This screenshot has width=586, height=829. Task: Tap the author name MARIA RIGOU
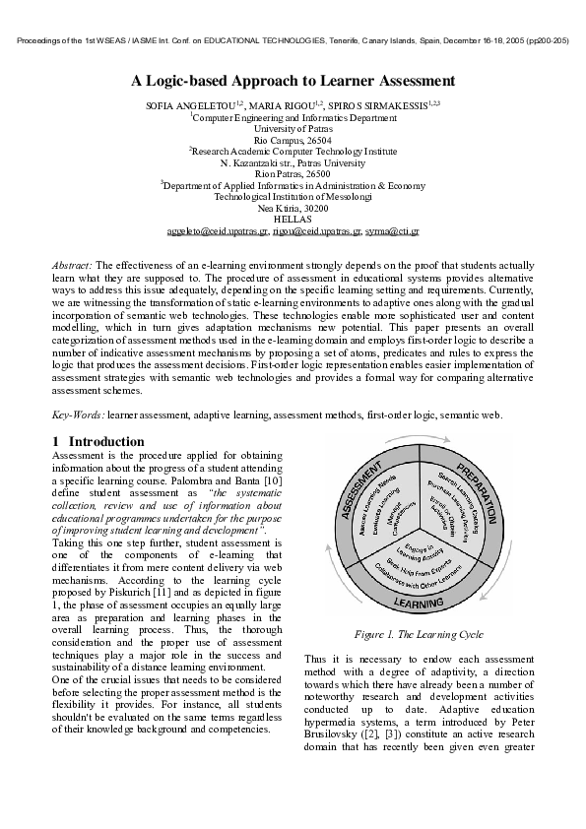pos(287,104)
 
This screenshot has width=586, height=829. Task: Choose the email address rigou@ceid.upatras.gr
pos(309,232)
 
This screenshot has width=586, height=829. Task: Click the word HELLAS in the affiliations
pos(293,220)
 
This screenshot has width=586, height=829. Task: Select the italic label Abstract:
pos(72,266)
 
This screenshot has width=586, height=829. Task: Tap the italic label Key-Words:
pos(77,415)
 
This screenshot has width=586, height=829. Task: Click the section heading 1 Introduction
pos(98,441)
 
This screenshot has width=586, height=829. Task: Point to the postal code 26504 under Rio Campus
pos(318,141)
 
